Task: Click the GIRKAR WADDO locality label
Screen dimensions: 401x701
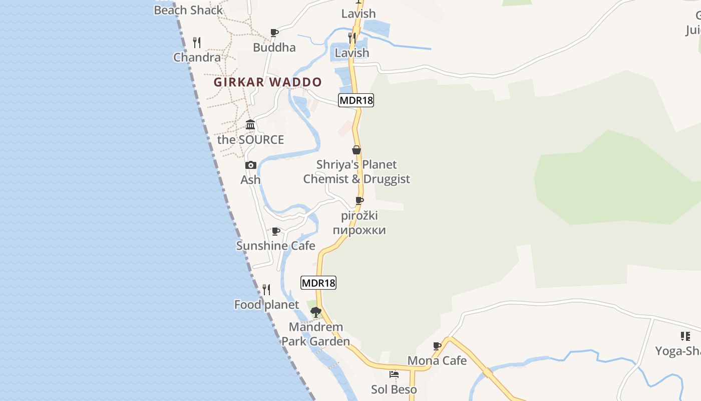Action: tap(268, 82)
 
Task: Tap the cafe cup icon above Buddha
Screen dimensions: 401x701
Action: tap(274, 33)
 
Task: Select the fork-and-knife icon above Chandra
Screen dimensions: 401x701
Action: tap(197, 43)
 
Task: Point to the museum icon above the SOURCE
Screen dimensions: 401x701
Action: tap(250, 125)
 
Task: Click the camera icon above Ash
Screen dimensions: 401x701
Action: tap(251, 165)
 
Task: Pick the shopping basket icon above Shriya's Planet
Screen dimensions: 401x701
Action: tap(357, 150)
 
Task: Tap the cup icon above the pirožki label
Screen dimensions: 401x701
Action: tap(360, 201)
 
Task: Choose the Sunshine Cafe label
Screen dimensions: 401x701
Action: tap(275, 246)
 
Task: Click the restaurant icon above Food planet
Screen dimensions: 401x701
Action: tap(266, 290)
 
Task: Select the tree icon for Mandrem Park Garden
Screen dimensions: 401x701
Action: tap(315, 312)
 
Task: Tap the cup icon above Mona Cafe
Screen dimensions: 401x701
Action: tap(437, 346)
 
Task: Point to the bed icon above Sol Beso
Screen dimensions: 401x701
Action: tap(394, 374)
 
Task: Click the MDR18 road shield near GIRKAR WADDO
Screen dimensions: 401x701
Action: tap(356, 100)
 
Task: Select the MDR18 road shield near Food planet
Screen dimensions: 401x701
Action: tap(318, 283)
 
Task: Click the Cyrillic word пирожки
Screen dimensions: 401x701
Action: tap(360, 231)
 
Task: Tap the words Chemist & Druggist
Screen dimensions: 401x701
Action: tap(357, 179)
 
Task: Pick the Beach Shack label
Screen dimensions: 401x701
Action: tap(188, 10)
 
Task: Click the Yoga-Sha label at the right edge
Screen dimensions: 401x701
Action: tap(678, 351)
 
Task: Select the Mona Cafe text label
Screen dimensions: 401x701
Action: tap(437, 360)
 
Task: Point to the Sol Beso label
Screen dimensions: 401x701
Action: tap(394, 389)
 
